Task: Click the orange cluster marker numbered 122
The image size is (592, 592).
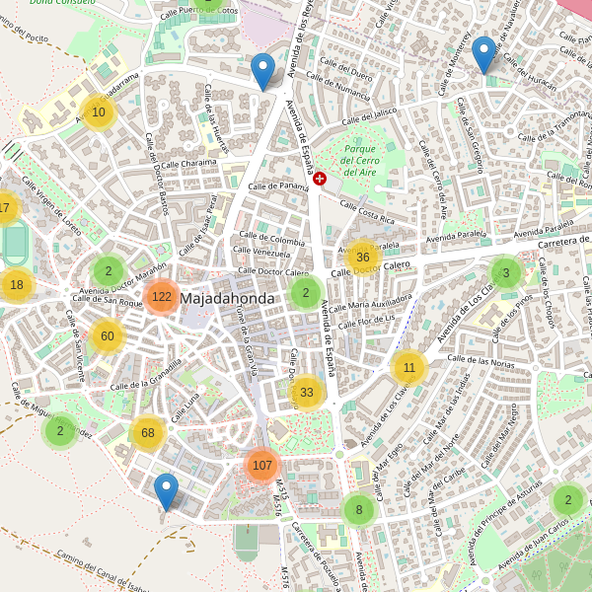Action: [x=162, y=296]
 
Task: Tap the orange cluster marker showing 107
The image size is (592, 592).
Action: [x=261, y=466]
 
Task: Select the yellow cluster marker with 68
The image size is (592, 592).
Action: [x=148, y=432]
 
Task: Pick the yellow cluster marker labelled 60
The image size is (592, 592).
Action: [x=108, y=336]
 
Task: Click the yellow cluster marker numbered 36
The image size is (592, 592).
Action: [x=362, y=258]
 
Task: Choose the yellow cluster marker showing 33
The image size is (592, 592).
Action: [x=307, y=393]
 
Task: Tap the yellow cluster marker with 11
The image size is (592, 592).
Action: [x=408, y=368]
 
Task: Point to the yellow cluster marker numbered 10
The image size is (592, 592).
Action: [x=99, y=112]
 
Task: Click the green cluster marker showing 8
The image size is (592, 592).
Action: [x=359, y=510]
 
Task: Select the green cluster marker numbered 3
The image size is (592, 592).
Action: [x=506, y=273]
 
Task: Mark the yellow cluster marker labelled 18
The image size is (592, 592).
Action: [x=17, y=285]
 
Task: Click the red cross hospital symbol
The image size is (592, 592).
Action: [x=320, y=178]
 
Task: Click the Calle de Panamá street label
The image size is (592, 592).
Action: [x=278, y=185]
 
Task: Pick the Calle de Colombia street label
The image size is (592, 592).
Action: [x=273, y=241]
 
